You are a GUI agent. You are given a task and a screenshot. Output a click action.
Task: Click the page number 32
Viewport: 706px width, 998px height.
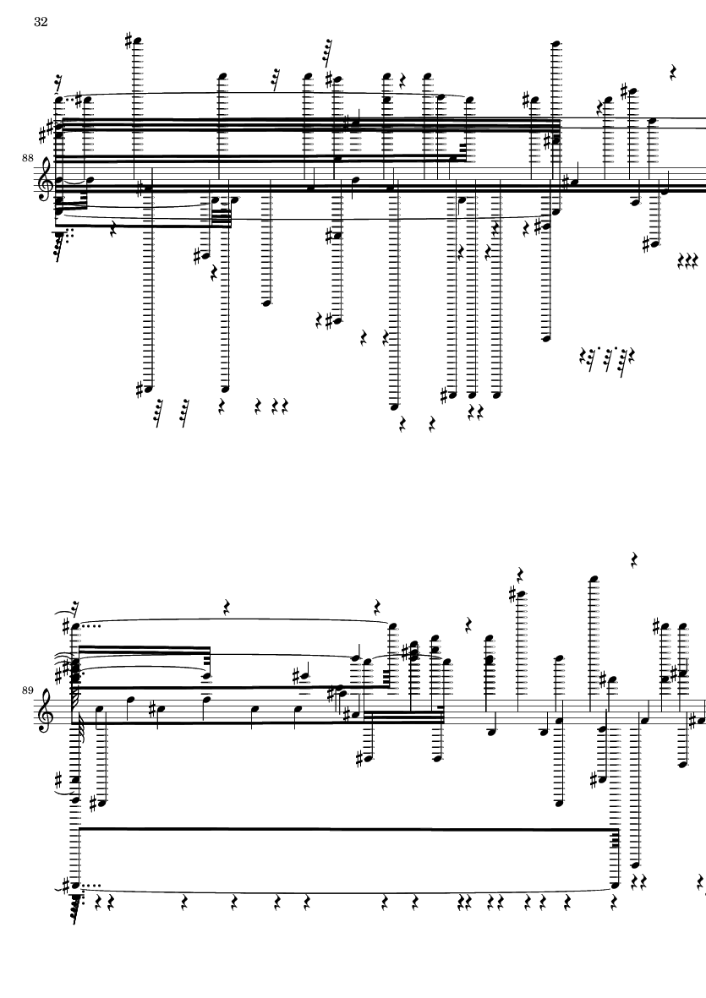coord(41,23)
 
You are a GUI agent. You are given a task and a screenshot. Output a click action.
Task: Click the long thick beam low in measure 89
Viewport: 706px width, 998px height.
coord(347,832)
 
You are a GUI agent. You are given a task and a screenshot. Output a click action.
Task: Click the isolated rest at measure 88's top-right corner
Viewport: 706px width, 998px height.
coord(674,73)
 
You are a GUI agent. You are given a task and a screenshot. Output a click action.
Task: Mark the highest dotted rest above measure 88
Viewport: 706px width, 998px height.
coord(327,52)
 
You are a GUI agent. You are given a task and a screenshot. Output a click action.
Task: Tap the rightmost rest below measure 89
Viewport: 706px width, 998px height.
coord(701,883)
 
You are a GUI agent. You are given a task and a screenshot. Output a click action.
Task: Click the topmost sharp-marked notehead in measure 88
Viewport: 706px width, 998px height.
coord(136,40)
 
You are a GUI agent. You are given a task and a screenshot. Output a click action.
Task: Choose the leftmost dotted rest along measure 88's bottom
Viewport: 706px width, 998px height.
coord(158,413)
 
